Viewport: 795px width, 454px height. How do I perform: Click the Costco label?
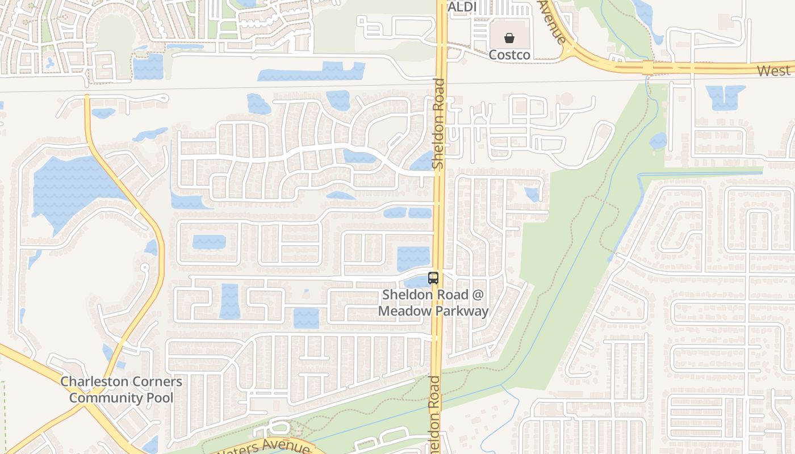(x=509, y=55)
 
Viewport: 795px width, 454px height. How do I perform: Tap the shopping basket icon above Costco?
(x=509, y=39)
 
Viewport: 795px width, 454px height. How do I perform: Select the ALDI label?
(x=462, y=7)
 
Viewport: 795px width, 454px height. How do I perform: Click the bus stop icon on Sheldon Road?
(x=433, y=278)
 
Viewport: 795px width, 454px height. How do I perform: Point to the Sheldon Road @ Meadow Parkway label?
(x=433, y=303)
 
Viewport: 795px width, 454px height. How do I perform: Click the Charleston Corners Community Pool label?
(x=122, y=389)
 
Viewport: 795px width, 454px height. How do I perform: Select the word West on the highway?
(x=773, y=71)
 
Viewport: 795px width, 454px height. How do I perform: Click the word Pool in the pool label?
(x=159, y=397)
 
